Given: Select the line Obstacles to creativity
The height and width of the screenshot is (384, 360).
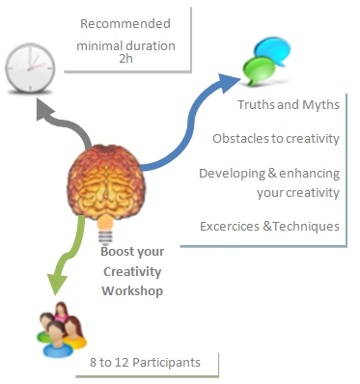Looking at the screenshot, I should pyautogui.click(x=276, y=138).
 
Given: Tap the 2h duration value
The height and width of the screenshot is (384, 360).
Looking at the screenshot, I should pyautogui.click(x=126, y=59).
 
